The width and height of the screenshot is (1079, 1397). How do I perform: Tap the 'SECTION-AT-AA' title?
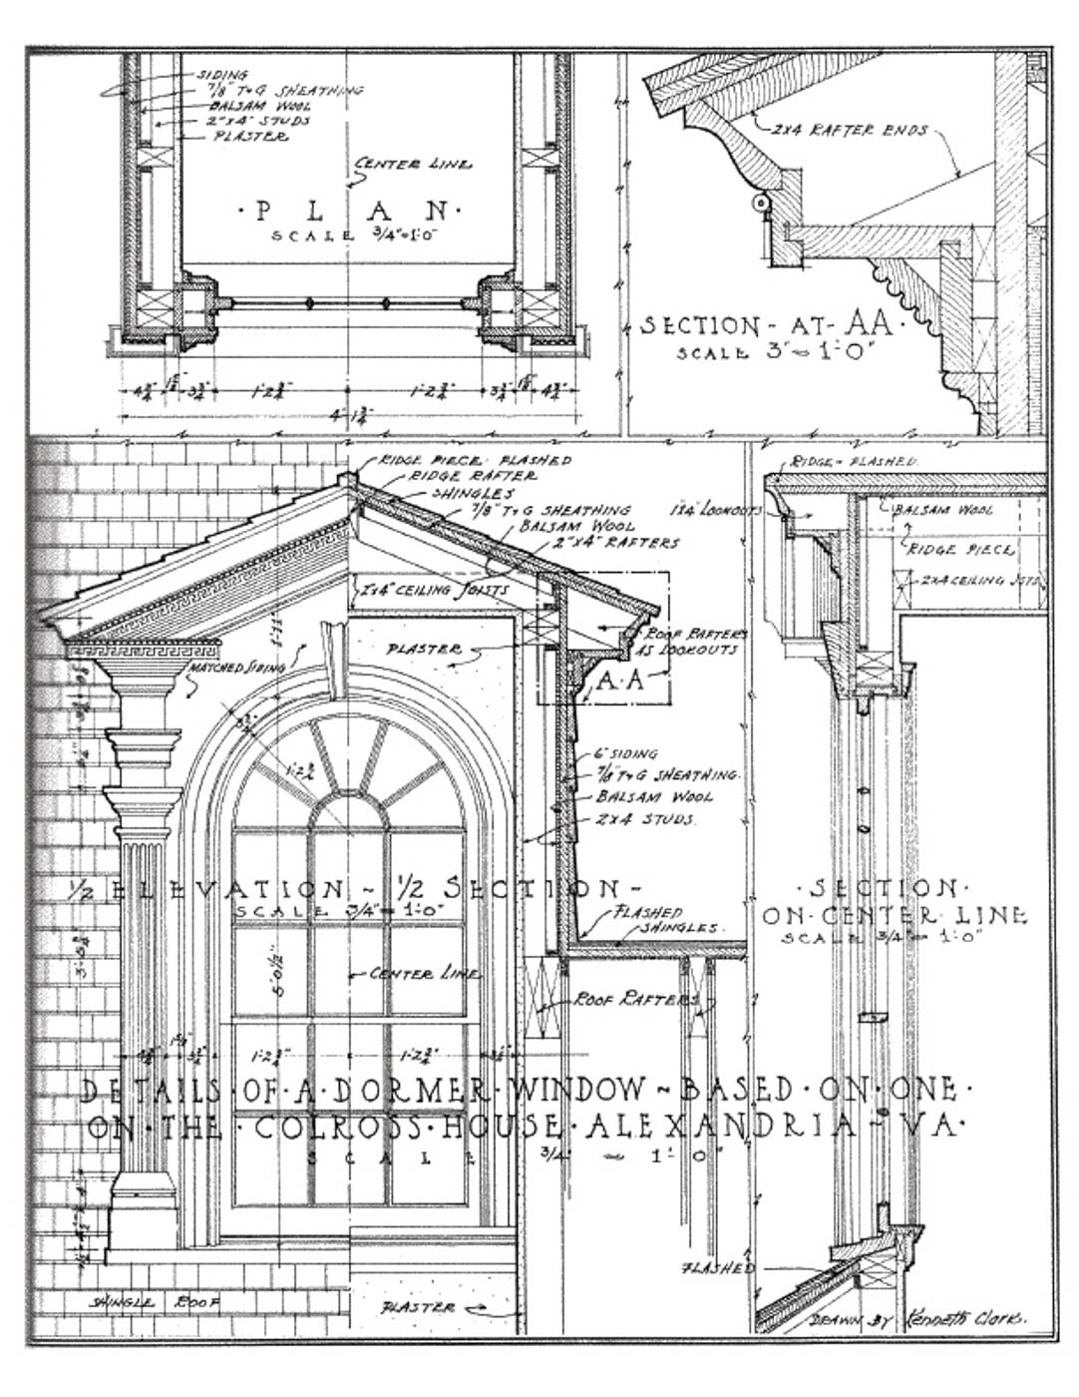[x=768, y=325]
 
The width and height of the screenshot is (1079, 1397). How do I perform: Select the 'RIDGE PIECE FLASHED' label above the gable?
[x=475, y=460]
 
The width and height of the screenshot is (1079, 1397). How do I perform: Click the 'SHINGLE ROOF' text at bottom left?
[x=155, y=1302]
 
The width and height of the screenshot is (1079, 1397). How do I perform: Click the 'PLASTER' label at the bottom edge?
[x=419, y=1307]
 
